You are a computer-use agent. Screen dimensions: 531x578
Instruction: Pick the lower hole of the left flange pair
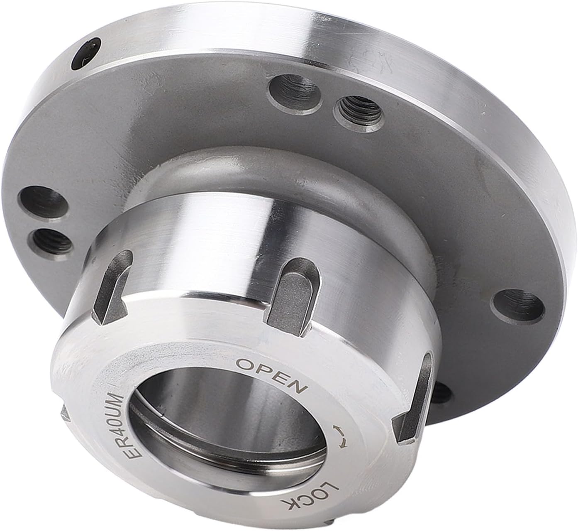point(46,240)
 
